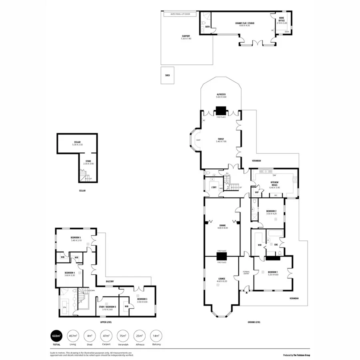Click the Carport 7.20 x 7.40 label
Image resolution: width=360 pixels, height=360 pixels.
point(186,38)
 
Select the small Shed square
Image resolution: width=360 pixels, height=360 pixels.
point(167,75)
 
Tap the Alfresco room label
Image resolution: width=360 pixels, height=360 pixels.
point(221,96)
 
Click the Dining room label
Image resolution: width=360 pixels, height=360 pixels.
point(222,227)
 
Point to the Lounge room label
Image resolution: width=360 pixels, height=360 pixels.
point(222,280)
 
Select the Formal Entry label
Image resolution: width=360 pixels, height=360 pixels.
point(246,273)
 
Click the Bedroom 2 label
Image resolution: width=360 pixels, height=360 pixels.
point(272,212)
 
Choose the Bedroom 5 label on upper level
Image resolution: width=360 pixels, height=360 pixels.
point(76,239)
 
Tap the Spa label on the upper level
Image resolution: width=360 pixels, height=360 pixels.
point(65,307)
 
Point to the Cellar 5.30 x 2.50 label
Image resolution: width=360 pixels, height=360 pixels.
point(77,143)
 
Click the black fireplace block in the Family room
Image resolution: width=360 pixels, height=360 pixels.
point(221,110)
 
